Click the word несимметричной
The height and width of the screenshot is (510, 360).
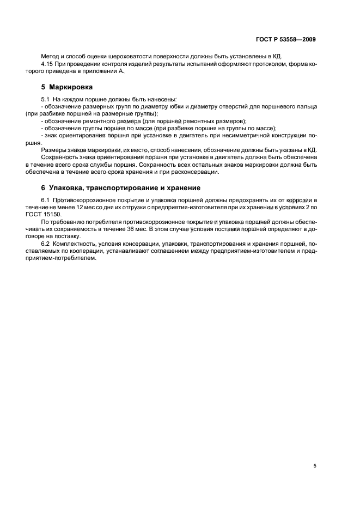click(x=240, y=135)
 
